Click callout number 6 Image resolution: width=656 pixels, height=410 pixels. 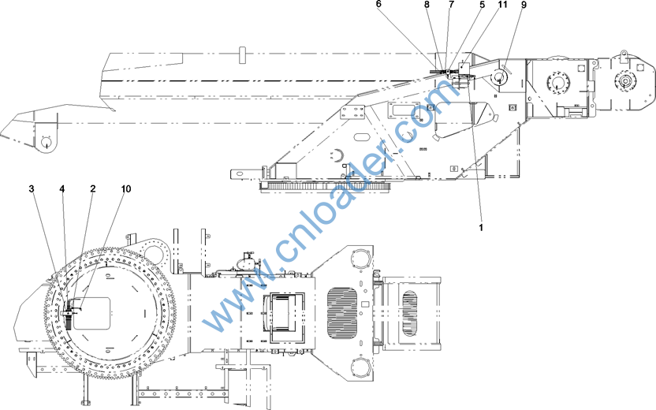[378, 4]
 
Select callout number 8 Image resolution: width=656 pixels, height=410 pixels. [427, 4]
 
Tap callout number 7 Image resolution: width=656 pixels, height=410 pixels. [451, 4]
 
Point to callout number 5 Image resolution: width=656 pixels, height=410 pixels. [483, 4]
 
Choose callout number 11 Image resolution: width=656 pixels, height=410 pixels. [502, 4]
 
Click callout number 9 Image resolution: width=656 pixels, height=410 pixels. [524, 5]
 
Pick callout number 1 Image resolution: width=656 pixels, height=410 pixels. [481, 228]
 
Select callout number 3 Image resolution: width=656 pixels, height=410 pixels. [32, 188]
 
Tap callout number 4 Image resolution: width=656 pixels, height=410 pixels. [62, 189]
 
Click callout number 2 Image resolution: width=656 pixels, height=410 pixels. [93, 188]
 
